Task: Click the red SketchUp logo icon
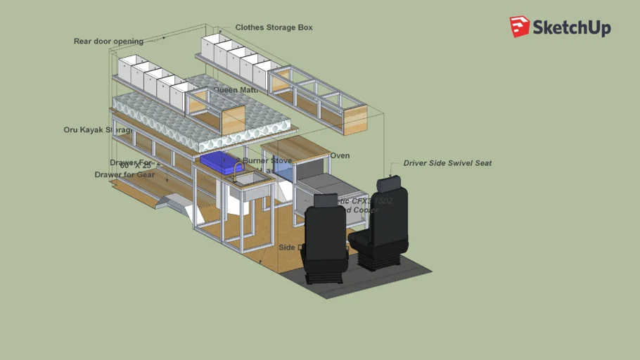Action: point(520,27)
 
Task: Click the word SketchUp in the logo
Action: point(571,28)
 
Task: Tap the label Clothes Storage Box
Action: point(274,27)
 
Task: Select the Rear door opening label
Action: point(108,41)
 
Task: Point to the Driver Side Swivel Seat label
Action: point(447,163)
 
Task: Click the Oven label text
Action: point(340,155)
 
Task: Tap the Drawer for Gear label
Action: point(124,174)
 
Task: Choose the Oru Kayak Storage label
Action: point(97,130)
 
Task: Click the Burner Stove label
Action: point(267,161)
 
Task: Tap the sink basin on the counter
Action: point(251,181)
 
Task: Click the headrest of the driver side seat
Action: point(390,184)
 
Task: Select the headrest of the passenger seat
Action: point(323,200)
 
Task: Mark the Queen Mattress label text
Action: point(236,90)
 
